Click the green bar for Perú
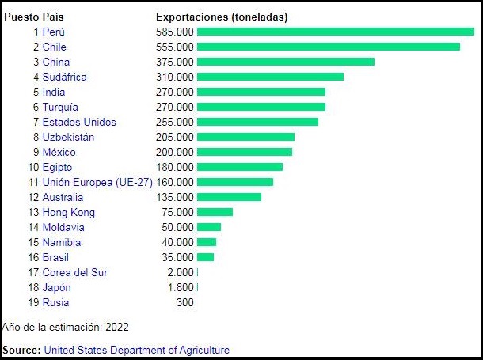[335, 32]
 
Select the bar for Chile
[328, 47]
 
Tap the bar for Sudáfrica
[270, 77]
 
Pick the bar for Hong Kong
[215, 212]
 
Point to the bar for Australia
[229, 197]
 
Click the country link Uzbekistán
[68, 137]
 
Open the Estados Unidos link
[79, 122]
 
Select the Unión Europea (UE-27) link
[97, 182]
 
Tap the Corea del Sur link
[75, 272]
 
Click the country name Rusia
[55, 302]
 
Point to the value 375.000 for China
[175, 62]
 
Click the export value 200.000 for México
[175, 152]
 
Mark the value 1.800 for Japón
[180, 287]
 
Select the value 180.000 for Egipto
[175, 167]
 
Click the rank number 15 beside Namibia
[33, 242]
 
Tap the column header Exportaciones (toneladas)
[222, 17]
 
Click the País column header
[55, 17]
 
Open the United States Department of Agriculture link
[136, 349]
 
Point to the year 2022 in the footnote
[116, 326]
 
